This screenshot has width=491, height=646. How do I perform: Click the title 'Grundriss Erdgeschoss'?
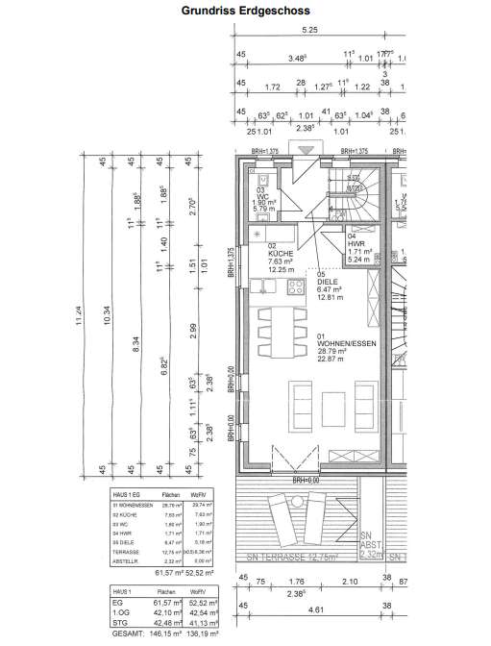click(x=246, y=12)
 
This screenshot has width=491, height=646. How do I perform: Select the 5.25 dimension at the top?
click(x=309, y=31)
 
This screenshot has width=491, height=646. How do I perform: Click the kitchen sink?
click(x=261, y=284)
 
